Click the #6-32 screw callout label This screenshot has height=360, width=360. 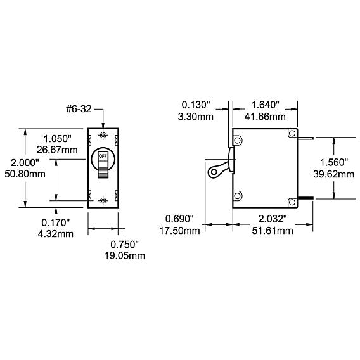click(79, 109)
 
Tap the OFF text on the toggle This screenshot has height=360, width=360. click(103, 157)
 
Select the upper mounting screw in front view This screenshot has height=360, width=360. click(103, 135)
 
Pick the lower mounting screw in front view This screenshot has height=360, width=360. click(103, 201)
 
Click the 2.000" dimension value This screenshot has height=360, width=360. click(25, 163)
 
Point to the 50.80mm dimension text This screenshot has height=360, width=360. click(25, 174)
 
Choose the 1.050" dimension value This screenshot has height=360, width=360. click(58, 139)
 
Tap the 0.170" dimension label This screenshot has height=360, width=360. click(56, 222)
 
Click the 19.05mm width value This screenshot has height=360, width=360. click(125, 255)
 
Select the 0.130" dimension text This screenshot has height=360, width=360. click(196, 105)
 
